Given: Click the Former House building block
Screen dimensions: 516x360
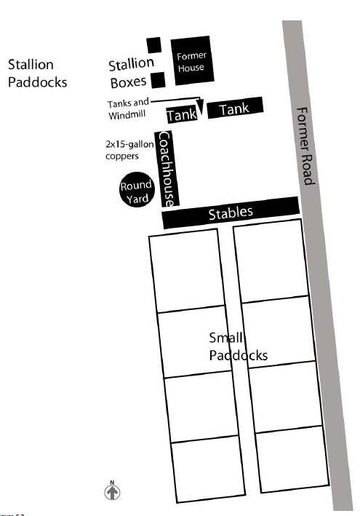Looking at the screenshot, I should click(191, 60).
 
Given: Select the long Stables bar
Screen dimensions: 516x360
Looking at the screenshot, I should click(231, 213).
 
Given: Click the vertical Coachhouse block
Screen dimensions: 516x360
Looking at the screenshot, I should click(167, 169).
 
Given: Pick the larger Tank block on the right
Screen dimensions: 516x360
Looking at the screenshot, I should click(234, 108).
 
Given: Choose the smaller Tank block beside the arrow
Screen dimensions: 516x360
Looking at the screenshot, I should click(181, 115).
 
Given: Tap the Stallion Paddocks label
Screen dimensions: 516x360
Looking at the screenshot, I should click(37, 74).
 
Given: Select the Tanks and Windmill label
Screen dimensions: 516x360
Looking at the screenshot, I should click(129, 109).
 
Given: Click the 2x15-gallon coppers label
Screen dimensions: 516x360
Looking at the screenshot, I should click(129, 150).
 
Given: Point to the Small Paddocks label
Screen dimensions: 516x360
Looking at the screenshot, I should click(238, 346).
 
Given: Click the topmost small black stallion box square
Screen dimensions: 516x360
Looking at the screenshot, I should click(153, 44).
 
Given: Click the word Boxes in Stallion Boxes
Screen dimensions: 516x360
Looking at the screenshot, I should click(128, 82).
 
